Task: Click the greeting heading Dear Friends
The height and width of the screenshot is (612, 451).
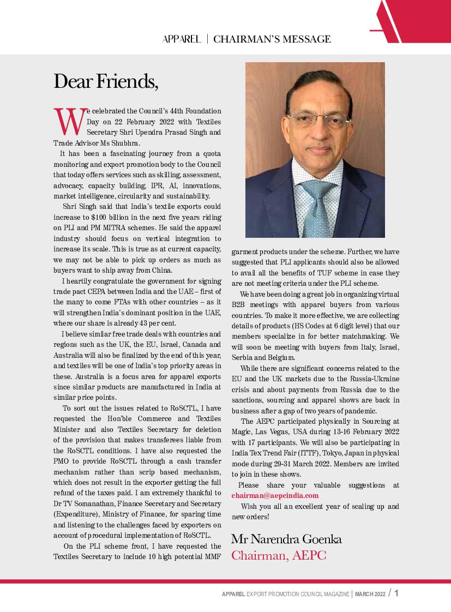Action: click(106, 81)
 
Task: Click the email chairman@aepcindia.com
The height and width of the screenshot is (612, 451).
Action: click(275, 495)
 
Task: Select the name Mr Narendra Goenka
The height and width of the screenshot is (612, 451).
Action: click(287, 539)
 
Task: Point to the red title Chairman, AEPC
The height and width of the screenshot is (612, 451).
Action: click(279, 555)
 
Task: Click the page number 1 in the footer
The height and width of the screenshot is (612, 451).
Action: click(396, 593)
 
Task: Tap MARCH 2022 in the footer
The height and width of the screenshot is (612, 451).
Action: click(370, 594)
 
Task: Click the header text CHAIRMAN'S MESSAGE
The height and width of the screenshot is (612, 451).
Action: click(272, 39)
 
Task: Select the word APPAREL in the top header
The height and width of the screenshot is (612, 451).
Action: click(181, 39)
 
